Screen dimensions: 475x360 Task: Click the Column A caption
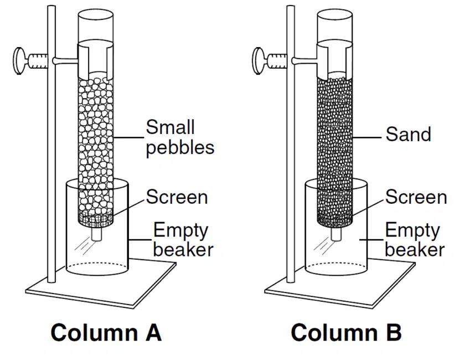tap(106, 332)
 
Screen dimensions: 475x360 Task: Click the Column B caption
tap(346, 332)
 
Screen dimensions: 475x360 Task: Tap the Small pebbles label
tap(180, 138)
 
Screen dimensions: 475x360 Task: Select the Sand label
tap(409, 134)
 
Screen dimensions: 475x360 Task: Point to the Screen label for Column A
tap(177, 197)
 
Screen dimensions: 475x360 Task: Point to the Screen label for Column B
tap(416, 197)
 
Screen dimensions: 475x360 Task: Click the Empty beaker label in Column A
tap(183, 239)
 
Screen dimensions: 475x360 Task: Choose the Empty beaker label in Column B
tap(415, 239)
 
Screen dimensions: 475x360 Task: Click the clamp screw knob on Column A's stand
tap(18, 60)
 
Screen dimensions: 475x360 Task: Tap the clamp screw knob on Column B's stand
tap(258, 60)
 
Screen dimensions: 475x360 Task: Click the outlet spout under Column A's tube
tap(96, 234)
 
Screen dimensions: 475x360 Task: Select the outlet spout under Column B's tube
tap(336, 234)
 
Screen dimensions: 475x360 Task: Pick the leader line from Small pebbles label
tap(128, 137)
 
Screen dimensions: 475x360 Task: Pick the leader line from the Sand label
tap(367, 137)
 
